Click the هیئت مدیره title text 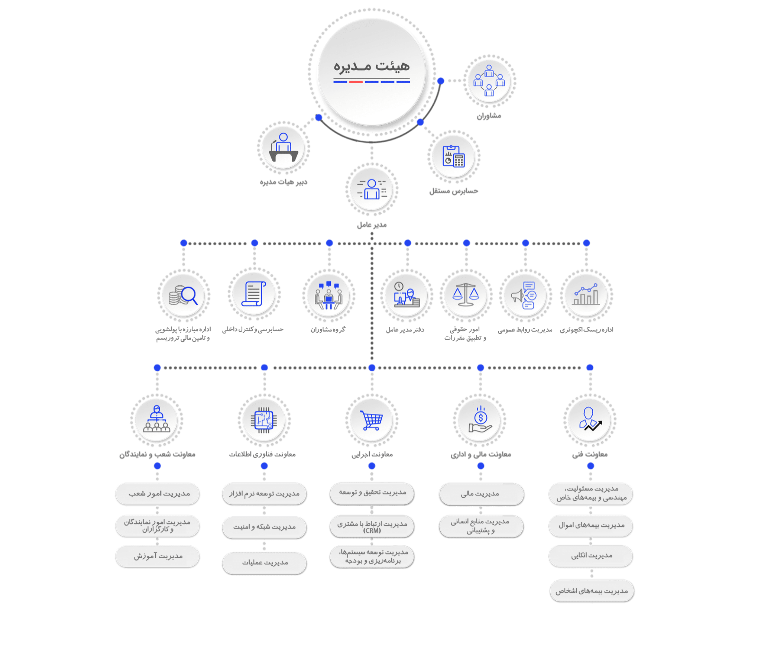pos(371,66)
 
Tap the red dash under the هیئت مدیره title pos(356,82)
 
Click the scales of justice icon pos(466,295)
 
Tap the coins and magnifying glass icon pos(183,296)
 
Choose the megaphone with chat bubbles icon pos(524,296)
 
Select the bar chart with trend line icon pos(586,295)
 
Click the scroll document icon pos(254,294)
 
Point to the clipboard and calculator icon pos(453,156)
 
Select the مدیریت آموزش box pos(158,556)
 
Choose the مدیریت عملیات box pos(265,563)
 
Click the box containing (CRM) pos(372,527)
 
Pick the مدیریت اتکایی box pos(591,556)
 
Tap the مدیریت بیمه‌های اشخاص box pos(592,591)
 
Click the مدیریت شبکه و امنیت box pos(265,527)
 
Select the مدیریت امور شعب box pos(158,494)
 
